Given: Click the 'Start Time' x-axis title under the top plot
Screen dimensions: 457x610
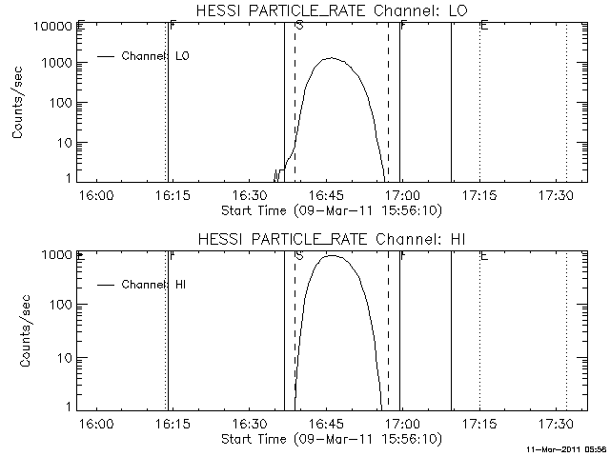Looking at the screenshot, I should [x=331, y=209].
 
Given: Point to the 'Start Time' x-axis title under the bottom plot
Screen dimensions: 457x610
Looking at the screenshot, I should [x=331, y=439].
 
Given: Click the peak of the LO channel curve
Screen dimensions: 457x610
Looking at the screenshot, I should [x=331, y=58].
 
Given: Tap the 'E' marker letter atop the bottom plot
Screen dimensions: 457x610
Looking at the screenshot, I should [x=484, y=255].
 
